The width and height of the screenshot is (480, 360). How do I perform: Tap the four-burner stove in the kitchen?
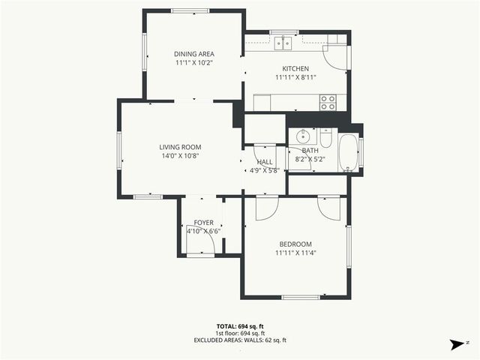328,103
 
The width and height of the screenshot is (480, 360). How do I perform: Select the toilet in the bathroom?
325,139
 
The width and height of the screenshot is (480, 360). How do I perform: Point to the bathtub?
349,151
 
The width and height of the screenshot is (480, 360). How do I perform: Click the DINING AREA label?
194,54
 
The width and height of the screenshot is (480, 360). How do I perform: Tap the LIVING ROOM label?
180,147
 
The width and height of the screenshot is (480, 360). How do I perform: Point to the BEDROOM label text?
295,244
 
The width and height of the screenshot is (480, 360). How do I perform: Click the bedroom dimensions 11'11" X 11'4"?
295,253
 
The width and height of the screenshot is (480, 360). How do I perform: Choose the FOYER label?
204,223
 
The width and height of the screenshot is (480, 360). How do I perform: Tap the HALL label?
265,161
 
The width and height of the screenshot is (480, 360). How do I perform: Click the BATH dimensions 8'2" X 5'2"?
310,159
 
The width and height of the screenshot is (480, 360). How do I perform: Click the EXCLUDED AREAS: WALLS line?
239,340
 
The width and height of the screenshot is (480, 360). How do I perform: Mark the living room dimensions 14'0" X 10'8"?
180,156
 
